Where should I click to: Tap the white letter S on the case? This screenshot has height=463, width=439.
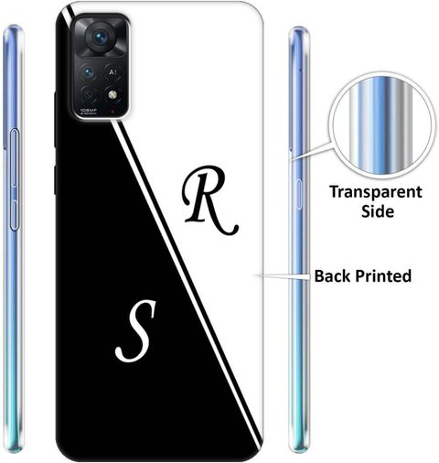(136, 330)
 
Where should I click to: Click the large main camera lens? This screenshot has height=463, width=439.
(100, 38)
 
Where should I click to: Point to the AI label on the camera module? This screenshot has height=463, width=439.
(112, 72)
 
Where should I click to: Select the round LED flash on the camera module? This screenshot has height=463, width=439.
(112, 95)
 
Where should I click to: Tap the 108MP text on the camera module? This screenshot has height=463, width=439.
(89, 110)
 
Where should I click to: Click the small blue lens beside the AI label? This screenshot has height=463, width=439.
(89, 72)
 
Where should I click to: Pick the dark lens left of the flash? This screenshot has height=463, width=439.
(89, 95)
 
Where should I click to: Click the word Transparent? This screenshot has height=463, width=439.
(376, 193)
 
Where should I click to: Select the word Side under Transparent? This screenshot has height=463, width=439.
(378, 211)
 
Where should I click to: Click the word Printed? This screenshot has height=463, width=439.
(383, 276)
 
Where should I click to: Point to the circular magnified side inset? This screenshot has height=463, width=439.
(382, 125)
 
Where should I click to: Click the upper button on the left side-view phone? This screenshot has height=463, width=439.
(15, 157)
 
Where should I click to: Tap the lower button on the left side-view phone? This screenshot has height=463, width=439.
(15, 214)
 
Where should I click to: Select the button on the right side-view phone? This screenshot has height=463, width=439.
(299, 195)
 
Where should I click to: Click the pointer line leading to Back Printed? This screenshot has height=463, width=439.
(283, 276)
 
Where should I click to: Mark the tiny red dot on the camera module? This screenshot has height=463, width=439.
(112, 112)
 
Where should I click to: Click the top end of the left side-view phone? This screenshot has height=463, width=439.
(13, 27)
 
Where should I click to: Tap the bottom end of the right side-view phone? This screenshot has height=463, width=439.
(299, 449)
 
